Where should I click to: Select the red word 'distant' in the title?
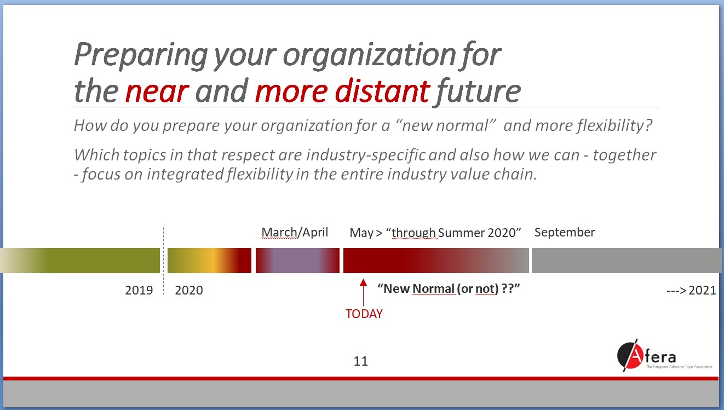tap(382, 90)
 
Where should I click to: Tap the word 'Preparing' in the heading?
tap(141, 55)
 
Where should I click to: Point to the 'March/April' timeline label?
tap(295, 232)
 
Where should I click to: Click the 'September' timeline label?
tap(564, 233)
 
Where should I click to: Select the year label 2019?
tap(139, 290)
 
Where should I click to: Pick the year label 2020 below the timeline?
tap(189, 290)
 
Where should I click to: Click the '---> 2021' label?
tap(691, 291)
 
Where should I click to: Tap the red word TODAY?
tap(364, 314)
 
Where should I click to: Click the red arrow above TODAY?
tap(363, 292)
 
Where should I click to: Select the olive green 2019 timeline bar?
tap(80, 261)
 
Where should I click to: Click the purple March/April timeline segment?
tap(297, 261)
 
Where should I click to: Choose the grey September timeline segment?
tap(627, 261)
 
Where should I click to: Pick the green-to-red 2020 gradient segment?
tap(209, 261)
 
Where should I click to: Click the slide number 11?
tap(361, 361)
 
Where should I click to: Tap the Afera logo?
tap(664, 355)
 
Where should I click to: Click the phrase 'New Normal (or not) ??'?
tap(449, 288)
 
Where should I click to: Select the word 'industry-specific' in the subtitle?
tap(366, 155)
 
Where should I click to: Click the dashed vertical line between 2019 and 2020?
tap(164, 261)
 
